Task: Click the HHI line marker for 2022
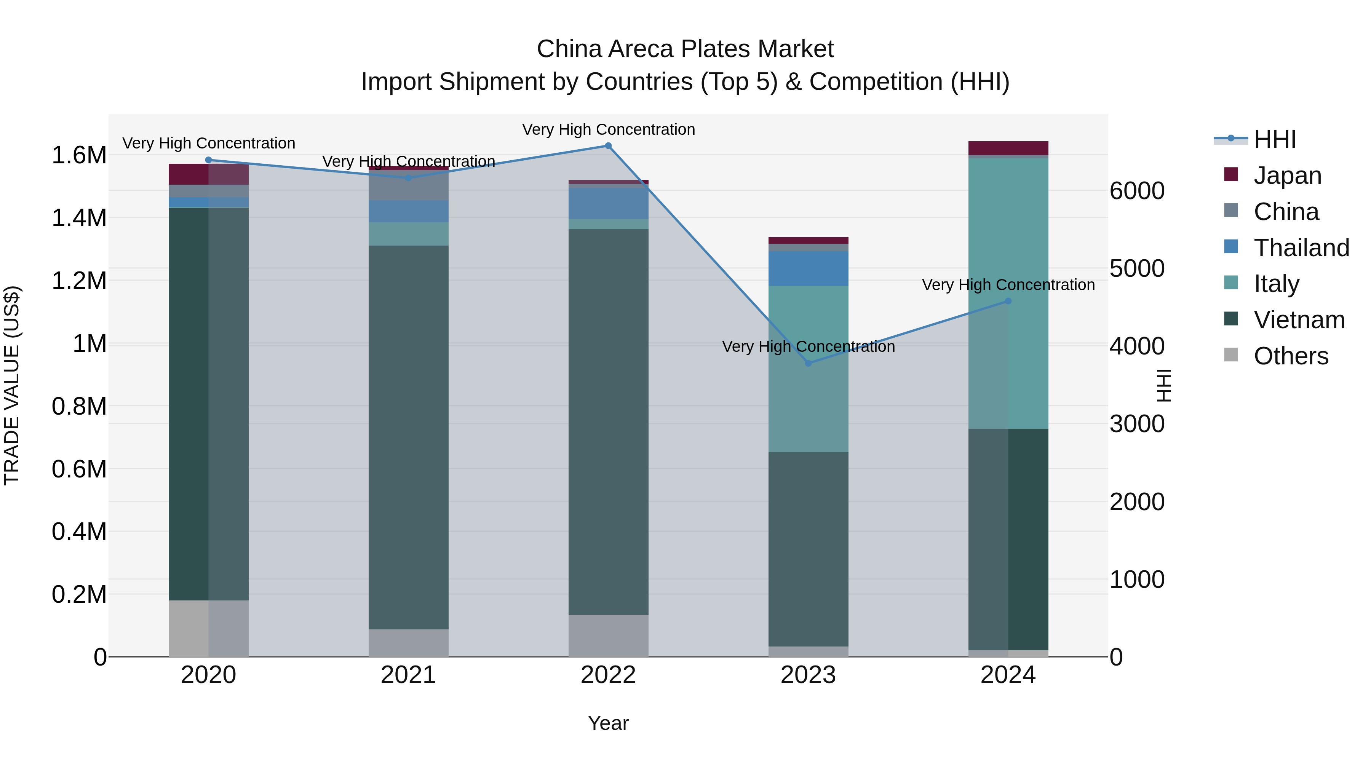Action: tap(608, 146)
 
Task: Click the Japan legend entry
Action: tap(1287, 176)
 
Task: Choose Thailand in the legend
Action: tap(1301, 248)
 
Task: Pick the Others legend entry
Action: tap(1291, 356)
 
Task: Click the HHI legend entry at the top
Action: tap(1274, 139)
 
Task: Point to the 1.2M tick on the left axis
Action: tap(79, 280)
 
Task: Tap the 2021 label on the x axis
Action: tap(408, 675)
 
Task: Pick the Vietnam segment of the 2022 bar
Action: tap(608, 420)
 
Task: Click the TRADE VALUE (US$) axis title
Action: tap(12, 385)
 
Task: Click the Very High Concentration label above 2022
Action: tap(608, 129)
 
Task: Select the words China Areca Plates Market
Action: tap(685, 49)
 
